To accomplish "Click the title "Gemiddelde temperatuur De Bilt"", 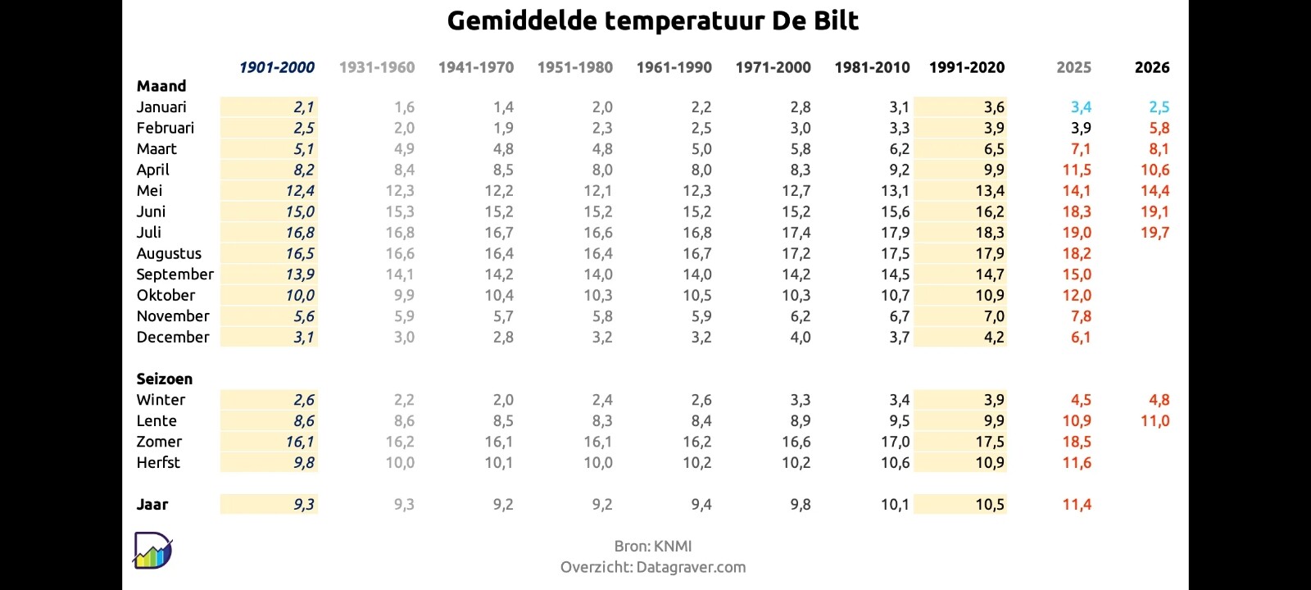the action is pos(652,21).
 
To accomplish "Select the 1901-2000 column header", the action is pos(277,68).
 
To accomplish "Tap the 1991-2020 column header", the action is pos(967,68).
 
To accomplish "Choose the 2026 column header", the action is pos(1152,68).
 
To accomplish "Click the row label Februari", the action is pos(165,128).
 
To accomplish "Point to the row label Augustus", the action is pos(169,254).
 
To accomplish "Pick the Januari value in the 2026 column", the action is pos(1159,107).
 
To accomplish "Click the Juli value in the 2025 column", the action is pos(1077,233).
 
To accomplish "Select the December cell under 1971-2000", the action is pos(801,338).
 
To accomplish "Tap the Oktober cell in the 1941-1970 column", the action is pos(499,296).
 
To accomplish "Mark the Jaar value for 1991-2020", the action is pos(990,505).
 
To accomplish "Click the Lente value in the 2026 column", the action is pos(1155,421).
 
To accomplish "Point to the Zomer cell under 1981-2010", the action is pos(896,442).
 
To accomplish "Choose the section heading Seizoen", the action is pos(165,379).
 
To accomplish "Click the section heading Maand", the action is pos(161,86).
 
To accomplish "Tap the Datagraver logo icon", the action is pos(152,550).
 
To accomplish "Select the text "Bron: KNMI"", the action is pos(652,547).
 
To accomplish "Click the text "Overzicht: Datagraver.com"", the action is pos(652,567).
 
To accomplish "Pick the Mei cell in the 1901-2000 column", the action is pos(300,191).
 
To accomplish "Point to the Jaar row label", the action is pos(152,505).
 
